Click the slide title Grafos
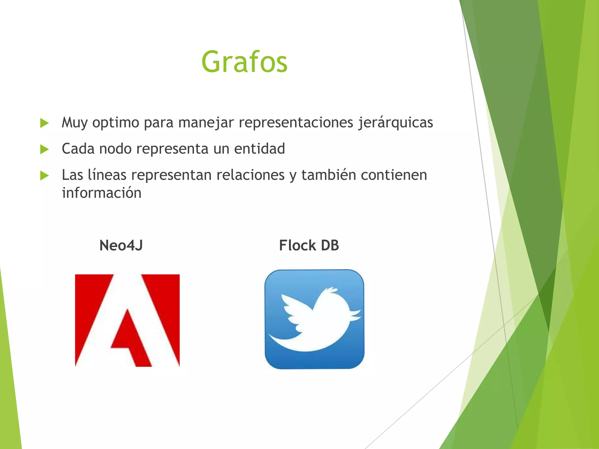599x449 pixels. point(244,62)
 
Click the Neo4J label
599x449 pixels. point(121,245)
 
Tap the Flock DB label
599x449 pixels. point(309,245)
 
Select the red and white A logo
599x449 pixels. point(127,320)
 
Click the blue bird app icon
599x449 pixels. point(314,319)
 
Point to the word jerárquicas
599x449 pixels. point(395,122)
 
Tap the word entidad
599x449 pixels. point(259,148)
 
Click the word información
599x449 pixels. point(102,193)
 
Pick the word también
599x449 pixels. point(328,175)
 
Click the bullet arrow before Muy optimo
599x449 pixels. point(44,123)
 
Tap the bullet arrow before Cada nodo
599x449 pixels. point(44,149)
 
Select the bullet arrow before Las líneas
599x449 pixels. point(44,176)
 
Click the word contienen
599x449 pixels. point(394,175)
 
